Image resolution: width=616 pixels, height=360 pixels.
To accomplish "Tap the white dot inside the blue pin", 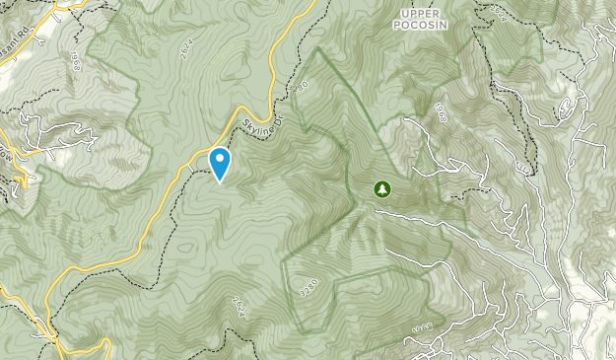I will pos(220,159).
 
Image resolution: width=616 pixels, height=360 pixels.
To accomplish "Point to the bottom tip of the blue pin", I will pos(220,182).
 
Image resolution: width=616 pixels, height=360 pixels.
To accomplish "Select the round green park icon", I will pos(382,188).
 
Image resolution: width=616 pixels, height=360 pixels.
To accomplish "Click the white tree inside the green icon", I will pos(382,188).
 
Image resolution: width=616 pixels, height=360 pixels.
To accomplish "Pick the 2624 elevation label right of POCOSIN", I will pos(499,13).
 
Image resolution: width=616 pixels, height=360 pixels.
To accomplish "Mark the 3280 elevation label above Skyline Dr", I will pos(302,87).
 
